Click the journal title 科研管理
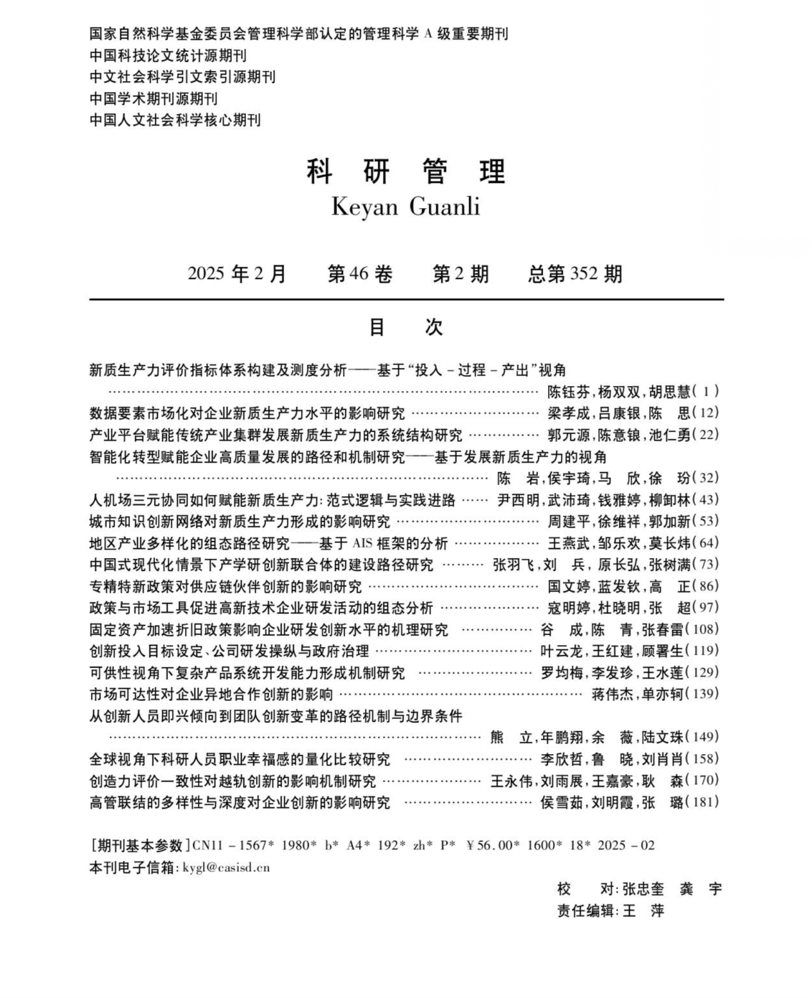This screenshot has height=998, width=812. pyautogui.click(x=406, y=171)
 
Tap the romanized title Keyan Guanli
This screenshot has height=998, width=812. pyautogui.click(x=405, y=207)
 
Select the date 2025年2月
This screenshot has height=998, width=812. pyautogui.click(x=237, y=274)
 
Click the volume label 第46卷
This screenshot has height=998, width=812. pyautogui.click(x=359, y=274)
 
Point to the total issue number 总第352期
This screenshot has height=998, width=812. pyautogui.click(x=574, y=274)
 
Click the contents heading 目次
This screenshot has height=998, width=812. pyautogui.click(x=406, y=327)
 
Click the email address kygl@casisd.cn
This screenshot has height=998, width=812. pyautogui.click(x=226, y=868)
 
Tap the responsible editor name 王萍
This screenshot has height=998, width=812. pyautogui.click(x=643, y=911)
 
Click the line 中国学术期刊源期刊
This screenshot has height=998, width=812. pyautogui.click(x=154, y=99)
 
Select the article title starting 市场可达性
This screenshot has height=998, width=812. pyautogui.click(x=211, y=694)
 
